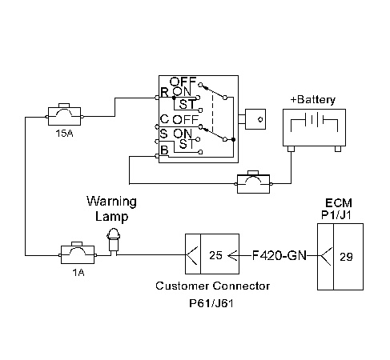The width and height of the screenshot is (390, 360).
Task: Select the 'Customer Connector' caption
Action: [212, 286]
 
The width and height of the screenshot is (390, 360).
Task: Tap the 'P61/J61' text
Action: [212, 305]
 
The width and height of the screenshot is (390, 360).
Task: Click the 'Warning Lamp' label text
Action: [111, 208]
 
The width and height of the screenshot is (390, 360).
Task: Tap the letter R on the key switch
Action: [164, 93]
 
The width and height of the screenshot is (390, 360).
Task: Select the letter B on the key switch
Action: [164, 149]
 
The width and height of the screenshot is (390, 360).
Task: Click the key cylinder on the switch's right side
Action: [255, 119]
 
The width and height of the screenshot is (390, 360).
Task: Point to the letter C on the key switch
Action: [163, 119]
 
